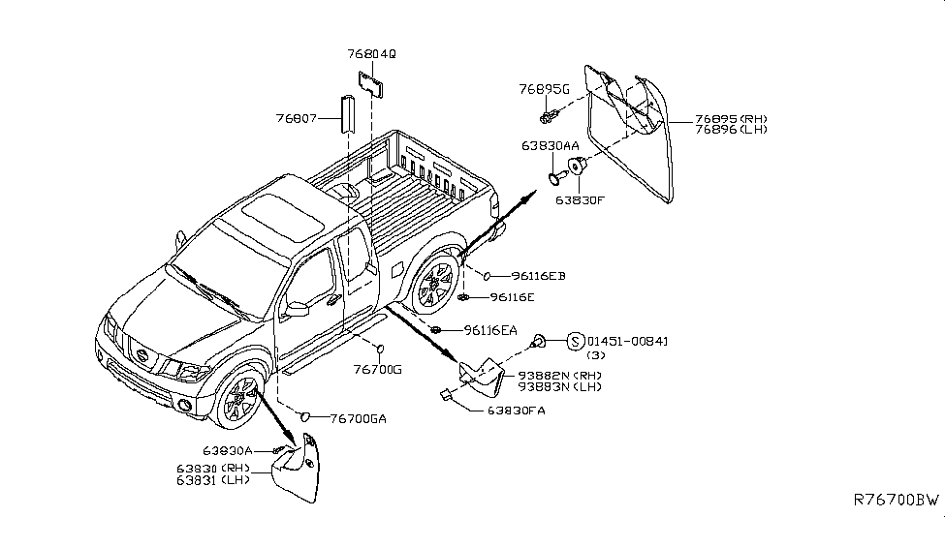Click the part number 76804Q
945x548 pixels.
pyautogui.click(x=371, y=55)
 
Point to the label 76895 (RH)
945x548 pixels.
pyautogui.click(x=733, y=120)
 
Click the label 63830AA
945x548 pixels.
pyautogui.click(x=550, y=146)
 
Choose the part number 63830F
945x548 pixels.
pyautogui.click(x=580, y=201)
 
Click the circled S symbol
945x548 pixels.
pyautogui.click(x=575, y=341)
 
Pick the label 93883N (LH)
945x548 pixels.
pyautogui.click(x=559, y=386)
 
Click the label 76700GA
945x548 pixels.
pyautogui.click(x=359, y=418)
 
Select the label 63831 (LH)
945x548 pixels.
pyautogui.click(x=213, y=479)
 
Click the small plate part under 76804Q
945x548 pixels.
pyautogui.click(x=370, y=83)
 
